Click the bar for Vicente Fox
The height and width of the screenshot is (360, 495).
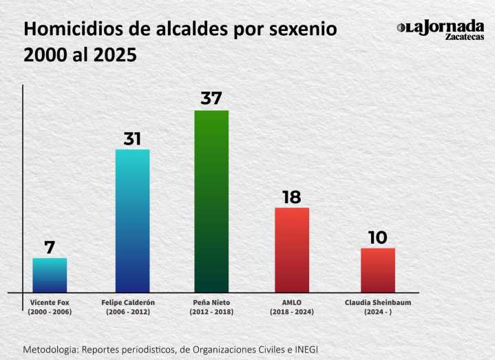pyautogui.click(x=50, y=275)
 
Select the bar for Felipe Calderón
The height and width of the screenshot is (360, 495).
pyautogui.click(x=132, y=220)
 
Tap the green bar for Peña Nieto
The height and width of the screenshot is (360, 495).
pyautogui.click(x=211, y=201)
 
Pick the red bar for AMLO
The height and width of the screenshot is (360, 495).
pyautogui.click(x=292, y=249)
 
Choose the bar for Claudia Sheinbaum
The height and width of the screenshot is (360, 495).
pyautogui.click(x=377, y=270)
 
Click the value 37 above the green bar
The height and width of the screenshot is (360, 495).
pyautogui.click(x=211, y=98)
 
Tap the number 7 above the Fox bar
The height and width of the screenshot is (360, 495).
pyautogui.click(x=50, y=247)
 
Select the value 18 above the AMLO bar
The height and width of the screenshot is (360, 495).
pyautogui.click(x=292, y=197)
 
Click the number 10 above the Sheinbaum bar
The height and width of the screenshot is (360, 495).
pyautogui.click(x=377, y=237)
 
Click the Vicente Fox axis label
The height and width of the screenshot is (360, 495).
pyautogui.click(x=50, y=302)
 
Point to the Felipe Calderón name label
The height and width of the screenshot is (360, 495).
pyautogui.click(x=132, y=302)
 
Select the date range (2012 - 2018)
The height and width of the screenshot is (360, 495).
pyautogui.click(x=211, y=312)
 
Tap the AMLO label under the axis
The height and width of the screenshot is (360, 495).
pyautogui.click(x=292, y=302)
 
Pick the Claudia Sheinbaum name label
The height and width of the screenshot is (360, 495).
pyautogui.click(x=377, y=302)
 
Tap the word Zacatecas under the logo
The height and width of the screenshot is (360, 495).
pyautogui.click(x=464, y=36)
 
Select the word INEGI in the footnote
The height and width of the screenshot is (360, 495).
pyautogui.click(x=305, y=349)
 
